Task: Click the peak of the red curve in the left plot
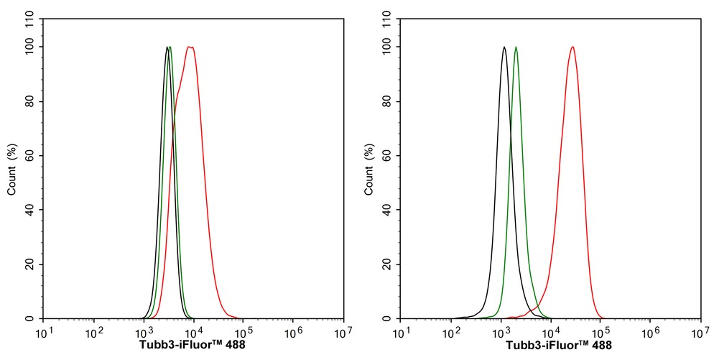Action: tap(190, 47)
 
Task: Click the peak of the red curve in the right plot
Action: tap(572, 47)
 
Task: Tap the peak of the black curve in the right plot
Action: tap(504, 47)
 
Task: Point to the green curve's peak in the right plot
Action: tap(516, 47)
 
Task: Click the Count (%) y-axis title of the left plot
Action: tap(11, 170)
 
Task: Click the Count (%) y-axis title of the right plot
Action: tap(368, 170)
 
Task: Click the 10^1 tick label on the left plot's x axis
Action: tap(45, 333)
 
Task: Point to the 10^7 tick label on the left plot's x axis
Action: tap(343, 333)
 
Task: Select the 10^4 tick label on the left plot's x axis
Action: tap(194, 333)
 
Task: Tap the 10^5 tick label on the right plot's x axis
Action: tap(601, 333)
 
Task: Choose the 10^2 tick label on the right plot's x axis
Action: tap(451, 333)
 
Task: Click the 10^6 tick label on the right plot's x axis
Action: tap(650, 333)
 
